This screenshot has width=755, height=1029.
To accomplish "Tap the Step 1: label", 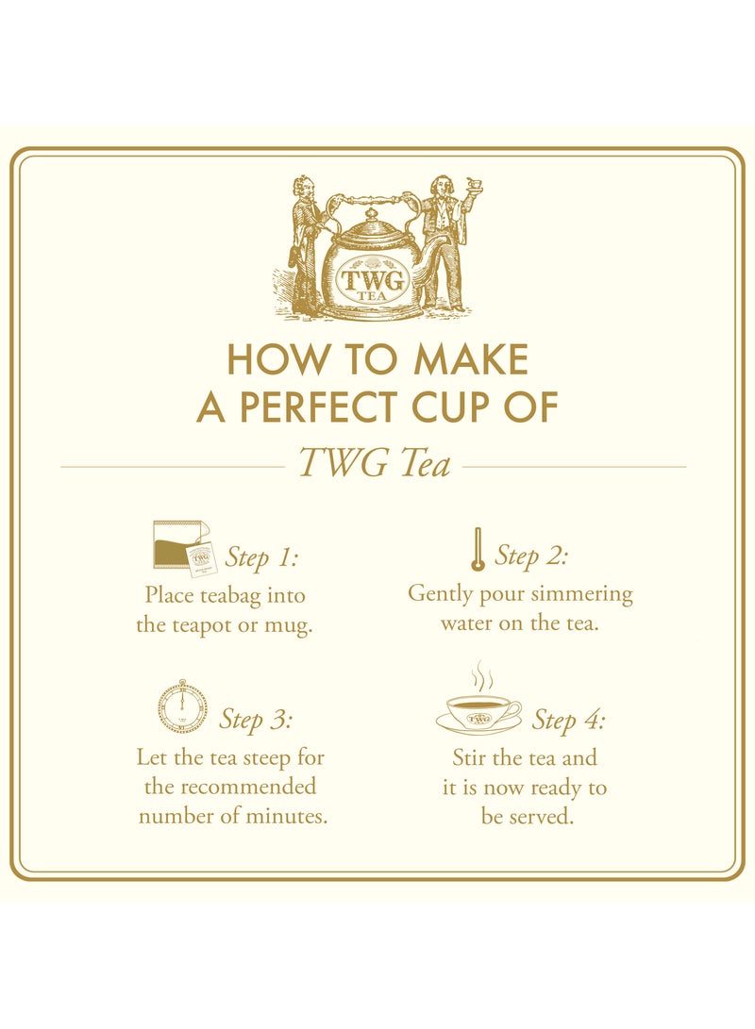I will [261, 557].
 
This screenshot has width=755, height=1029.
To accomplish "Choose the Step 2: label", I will [531, 556].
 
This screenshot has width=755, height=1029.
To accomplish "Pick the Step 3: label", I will [256, 720].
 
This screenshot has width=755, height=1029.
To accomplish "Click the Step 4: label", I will [568, 721].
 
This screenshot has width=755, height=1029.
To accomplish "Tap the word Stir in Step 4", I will [471, 757].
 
